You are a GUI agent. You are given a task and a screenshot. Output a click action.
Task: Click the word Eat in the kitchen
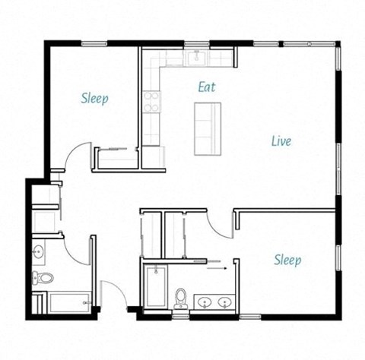[x=206, y=87]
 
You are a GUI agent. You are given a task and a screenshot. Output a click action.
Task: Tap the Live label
[x=281, y=141]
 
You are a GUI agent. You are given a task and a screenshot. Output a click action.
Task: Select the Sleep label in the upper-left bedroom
[x=94, y=98]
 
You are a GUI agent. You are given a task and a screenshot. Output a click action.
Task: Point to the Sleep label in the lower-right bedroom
[x=287, y=261]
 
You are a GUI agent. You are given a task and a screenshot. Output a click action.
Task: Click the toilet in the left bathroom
[x=44, y=278]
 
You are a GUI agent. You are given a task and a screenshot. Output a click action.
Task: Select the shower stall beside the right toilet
[x=155, y=286]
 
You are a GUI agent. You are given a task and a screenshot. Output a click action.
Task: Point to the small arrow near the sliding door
[x=217, y=268]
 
